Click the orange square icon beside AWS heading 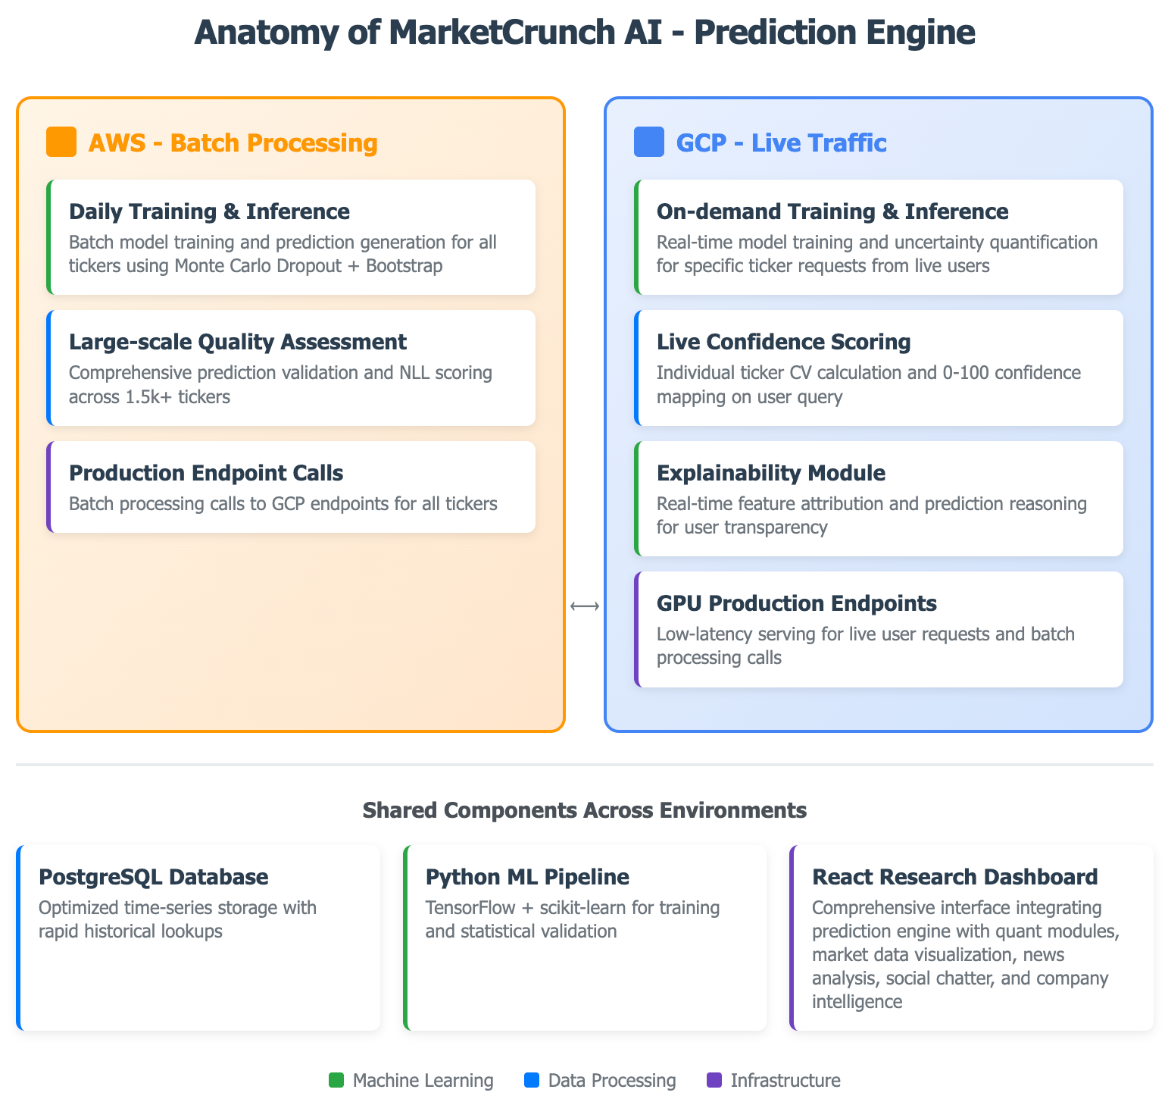click(61, 142)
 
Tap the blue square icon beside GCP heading click(648, 142)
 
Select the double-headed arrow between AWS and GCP click(585, 606)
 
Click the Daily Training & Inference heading click(209, 211)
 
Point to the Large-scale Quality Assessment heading click(237, 342)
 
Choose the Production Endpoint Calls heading click(206, 473)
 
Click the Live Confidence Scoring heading click(783, 342)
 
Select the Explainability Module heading click(770, 473)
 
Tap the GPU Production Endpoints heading click(796, 603)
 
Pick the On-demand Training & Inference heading click(832, 211)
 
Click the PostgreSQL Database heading click(153, 877)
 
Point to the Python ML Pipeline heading click(527, 877)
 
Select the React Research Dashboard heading click(954, 877)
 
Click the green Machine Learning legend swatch click(336, 1080)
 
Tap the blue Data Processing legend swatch click(532, 1080)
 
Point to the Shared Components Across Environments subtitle click(584, 810)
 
